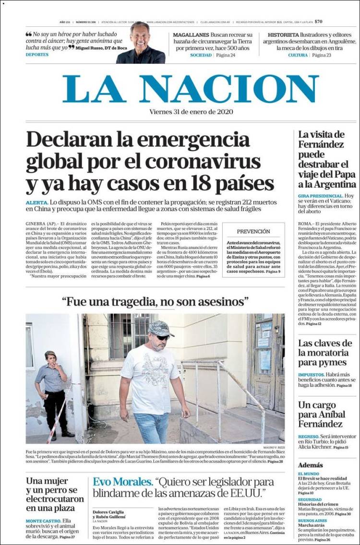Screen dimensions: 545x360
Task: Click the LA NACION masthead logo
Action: [x=191, y=89]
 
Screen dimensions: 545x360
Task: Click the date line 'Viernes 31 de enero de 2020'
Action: [x=191, y=112]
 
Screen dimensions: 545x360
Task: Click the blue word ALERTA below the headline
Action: [x=37, y=203]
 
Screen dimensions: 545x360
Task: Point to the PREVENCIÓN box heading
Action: [x=253, y=231]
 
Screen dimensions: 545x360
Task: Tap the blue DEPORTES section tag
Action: [x=37, y=55]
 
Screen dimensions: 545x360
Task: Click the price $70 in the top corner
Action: [x=319, y=22]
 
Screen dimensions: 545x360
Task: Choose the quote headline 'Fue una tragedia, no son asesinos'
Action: [x=155, y=302]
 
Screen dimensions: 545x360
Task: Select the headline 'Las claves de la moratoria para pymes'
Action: [x=325, y=353]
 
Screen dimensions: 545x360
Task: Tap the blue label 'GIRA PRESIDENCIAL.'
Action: [x=320, y=196]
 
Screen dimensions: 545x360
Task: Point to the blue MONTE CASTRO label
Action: [x=43, y=521]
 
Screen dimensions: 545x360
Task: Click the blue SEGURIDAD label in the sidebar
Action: [x=310, y=499]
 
